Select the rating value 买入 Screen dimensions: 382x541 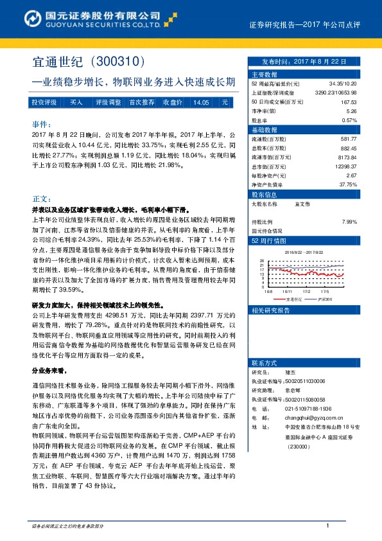76,102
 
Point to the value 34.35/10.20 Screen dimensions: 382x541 343,84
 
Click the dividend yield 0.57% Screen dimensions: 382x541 349,120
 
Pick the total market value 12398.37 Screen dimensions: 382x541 343,166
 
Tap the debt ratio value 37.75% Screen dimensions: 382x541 347,184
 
